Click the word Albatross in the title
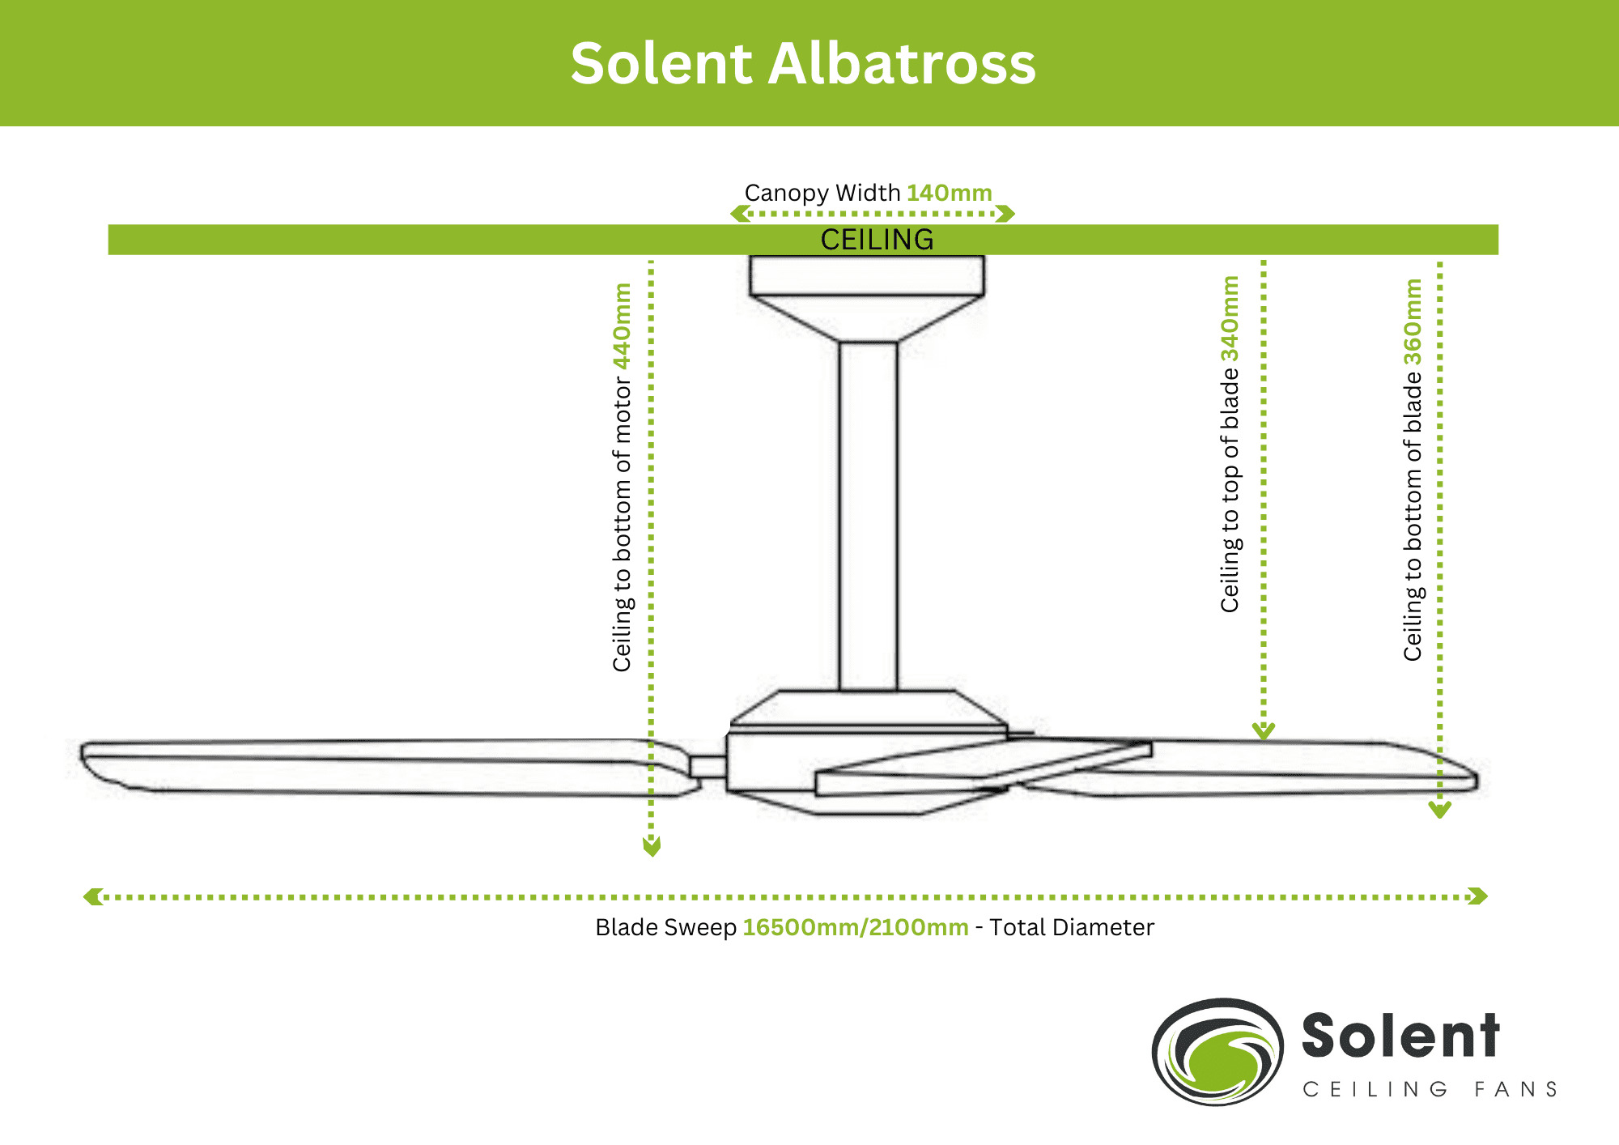(x=901, y=64)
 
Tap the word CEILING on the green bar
(x=877, y=240)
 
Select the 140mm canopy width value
(x=949, y=194)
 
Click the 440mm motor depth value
(x=622, y=326)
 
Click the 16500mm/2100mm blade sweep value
(x=855, y=927)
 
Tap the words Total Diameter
(x=1072, y=927)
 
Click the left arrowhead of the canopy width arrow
(x=739, y=214)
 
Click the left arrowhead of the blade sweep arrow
(x=92, y=896)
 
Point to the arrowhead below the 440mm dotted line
(x=652, y=846)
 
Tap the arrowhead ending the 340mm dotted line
(x=1264, y=730)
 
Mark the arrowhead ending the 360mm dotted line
(x=1439, y=809)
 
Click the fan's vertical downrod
(x=868, y=518)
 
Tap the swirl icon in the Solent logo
(x=1217, y=1051)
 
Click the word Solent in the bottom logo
(x=1400, y=1036)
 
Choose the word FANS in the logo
(x=1515, y=1089)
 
